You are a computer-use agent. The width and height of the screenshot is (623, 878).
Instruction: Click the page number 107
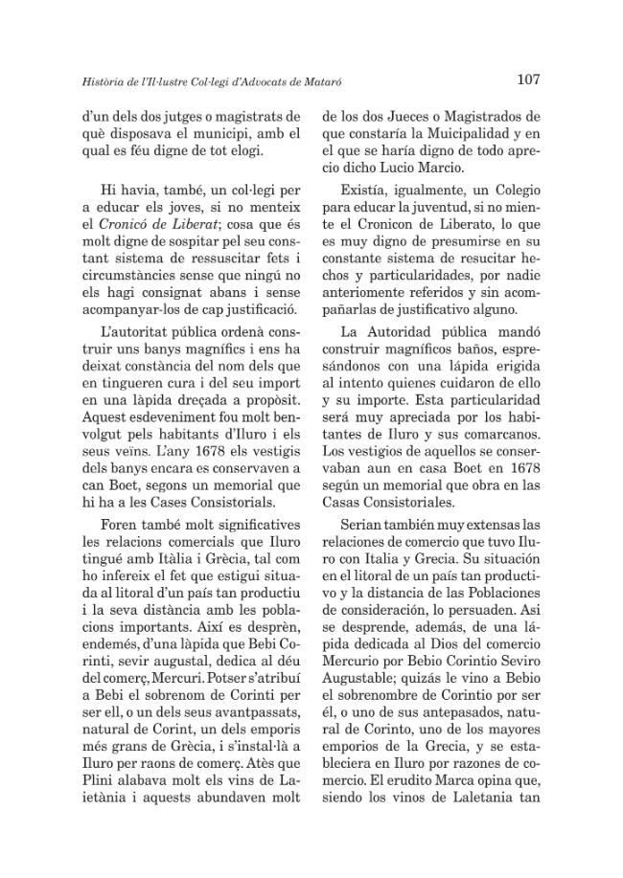(530, 79)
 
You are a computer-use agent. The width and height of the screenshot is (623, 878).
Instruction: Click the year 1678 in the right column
(523, 467)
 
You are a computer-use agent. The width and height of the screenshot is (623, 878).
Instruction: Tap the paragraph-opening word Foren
(123, 526)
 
